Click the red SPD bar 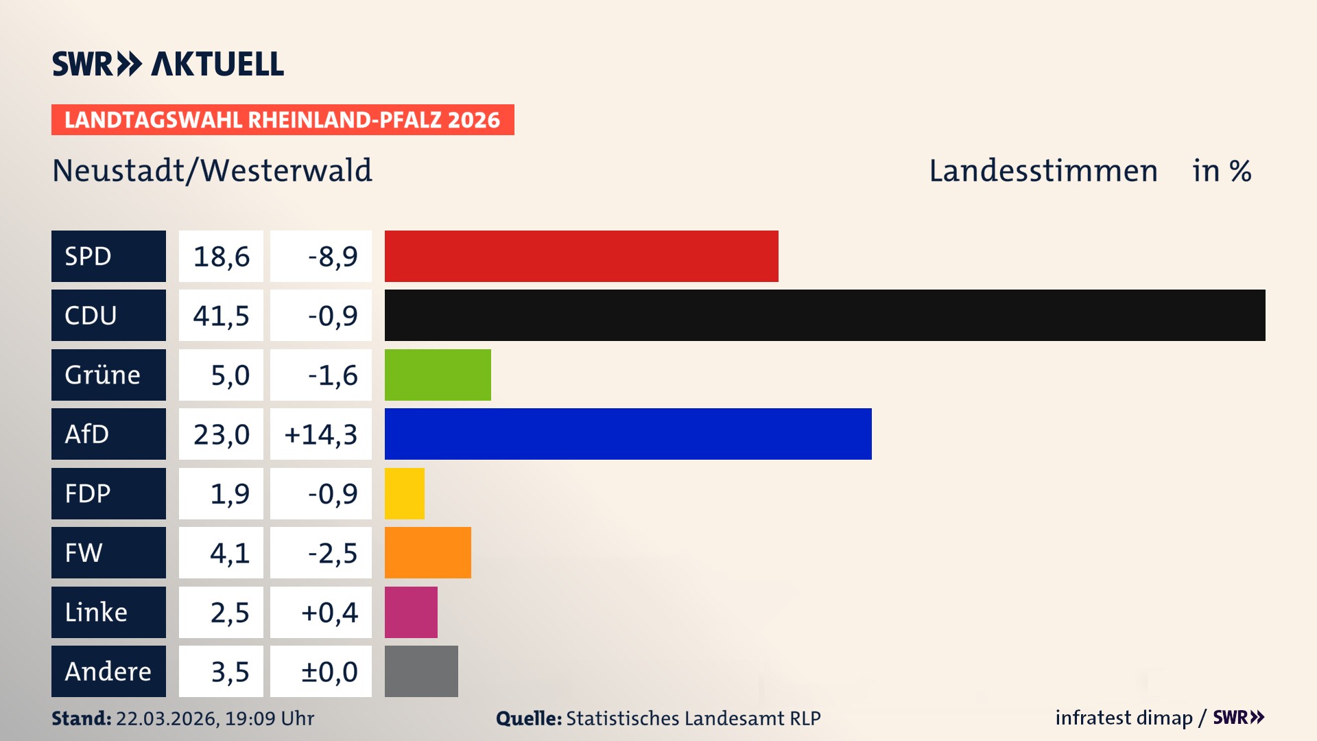click(581, 256)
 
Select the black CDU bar click(824, 315)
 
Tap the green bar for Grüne click(438, 375)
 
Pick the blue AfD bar click(628, 434)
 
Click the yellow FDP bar click(404, 493)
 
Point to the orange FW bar click(427, 552)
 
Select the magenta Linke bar click(411, 612)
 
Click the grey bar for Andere click(421, 671)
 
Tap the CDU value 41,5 click(221, 316)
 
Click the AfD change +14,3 click(321, 434)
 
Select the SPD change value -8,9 click(333, 257)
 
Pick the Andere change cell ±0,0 click(329, 672)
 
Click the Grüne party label click(103, 375)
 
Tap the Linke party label click(96, 612)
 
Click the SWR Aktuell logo click(168, 64)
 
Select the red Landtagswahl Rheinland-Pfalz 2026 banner click(283, 120)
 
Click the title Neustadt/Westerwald click(213, 171)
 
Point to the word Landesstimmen click(1043, 171)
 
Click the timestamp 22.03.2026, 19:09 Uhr click(215, 718)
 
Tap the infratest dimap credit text click(1124, 718)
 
